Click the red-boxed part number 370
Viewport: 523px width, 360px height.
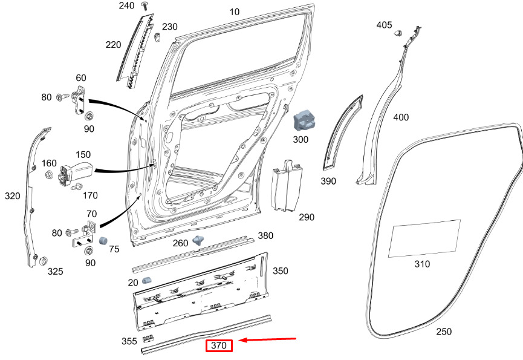219,346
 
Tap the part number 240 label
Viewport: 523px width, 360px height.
126,5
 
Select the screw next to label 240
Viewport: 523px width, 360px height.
145,6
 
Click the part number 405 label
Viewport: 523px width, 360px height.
384,25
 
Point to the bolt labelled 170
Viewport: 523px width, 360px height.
76,188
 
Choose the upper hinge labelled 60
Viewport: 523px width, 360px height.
79,100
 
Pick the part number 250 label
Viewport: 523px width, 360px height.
444,332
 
